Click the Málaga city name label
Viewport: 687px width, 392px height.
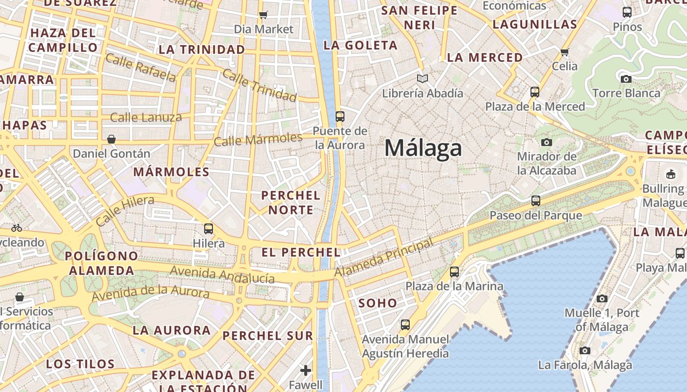423,148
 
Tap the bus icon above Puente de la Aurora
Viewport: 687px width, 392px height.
340,117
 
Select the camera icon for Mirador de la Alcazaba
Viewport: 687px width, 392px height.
546,143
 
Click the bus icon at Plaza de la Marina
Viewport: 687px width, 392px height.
454,271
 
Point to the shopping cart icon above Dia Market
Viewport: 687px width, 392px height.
264,15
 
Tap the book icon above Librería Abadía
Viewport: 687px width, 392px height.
423,78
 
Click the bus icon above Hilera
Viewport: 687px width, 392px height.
209,228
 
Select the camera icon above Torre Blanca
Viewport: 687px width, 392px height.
626,79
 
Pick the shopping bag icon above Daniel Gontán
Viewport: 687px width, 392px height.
111,139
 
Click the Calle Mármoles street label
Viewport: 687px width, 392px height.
258,139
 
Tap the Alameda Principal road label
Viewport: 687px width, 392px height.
385,257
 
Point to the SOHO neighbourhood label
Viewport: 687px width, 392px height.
377,303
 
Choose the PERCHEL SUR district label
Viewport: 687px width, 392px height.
268,336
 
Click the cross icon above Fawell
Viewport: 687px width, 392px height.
306,370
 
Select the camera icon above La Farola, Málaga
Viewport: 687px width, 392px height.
585,350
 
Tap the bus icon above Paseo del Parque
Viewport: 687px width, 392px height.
536,201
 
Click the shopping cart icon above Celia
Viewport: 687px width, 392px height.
564,52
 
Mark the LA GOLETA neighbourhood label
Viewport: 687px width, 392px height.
361,45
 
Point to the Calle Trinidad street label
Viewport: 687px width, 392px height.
260,85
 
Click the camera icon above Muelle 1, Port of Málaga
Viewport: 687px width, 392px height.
602,298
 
